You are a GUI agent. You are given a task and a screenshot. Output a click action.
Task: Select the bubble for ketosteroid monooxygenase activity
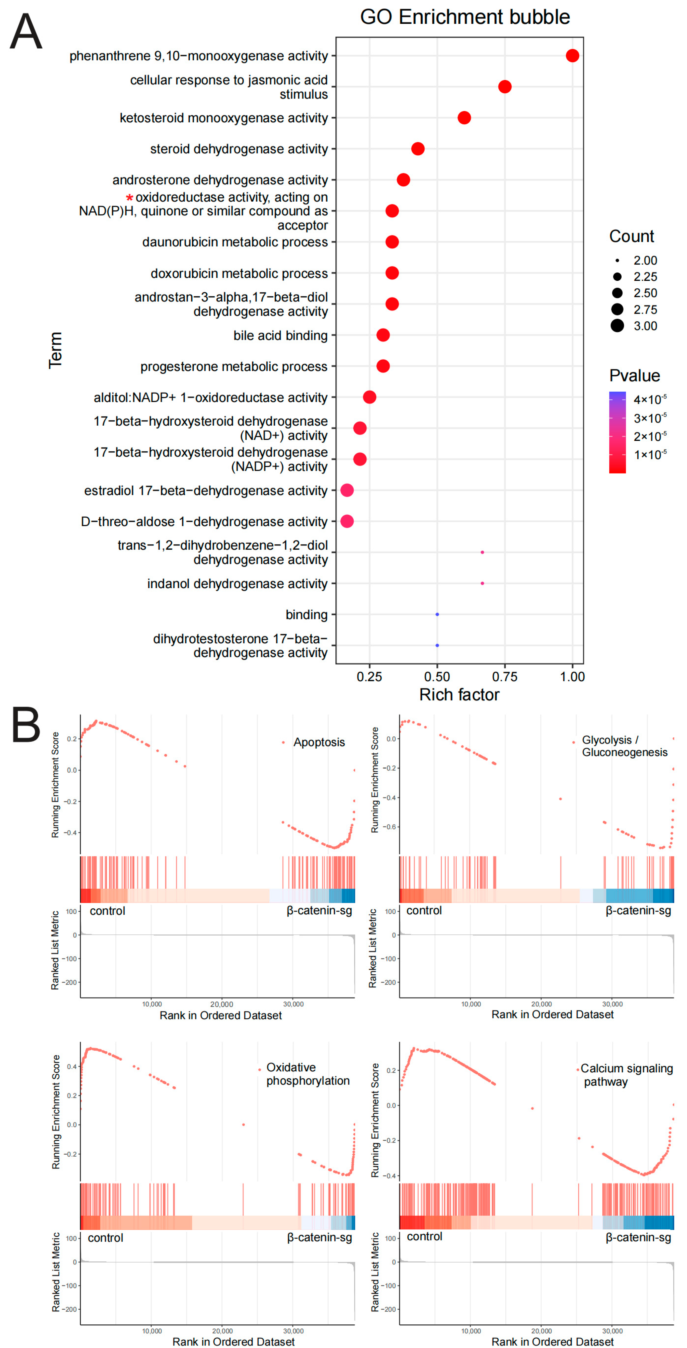click(x=464, y=118)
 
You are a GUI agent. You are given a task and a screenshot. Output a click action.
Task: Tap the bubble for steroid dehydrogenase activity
click(x=418, y=149)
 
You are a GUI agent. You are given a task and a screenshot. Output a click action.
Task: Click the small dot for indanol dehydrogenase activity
click(x=482, y=583)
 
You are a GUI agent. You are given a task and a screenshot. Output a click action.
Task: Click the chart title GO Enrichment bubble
click(x=465, y=17)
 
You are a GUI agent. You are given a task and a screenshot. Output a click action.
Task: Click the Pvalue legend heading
click(x=634, y=376)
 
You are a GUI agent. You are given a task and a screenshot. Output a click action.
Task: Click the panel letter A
click(x=26, y=31)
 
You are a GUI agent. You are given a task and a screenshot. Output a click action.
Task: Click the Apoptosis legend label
click(x=319, y=742)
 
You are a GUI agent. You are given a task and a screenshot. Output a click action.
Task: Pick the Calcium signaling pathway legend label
click(x=626, y=1075)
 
